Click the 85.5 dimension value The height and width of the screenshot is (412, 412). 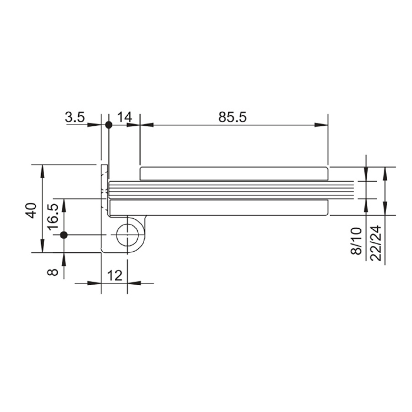point(232,117)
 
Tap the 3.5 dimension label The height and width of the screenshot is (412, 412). point(75,117)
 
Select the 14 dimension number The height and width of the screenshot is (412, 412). point(125,117)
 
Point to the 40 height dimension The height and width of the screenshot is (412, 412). point(31,210)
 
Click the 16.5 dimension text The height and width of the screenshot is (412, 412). point(53,217)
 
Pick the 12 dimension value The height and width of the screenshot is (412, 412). point(115,276)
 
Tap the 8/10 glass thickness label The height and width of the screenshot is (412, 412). point(356,241)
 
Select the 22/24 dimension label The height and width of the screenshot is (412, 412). point(376,243)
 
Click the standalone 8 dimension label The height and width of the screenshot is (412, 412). point(53,272)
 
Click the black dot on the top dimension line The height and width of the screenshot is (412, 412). point(109,125)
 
